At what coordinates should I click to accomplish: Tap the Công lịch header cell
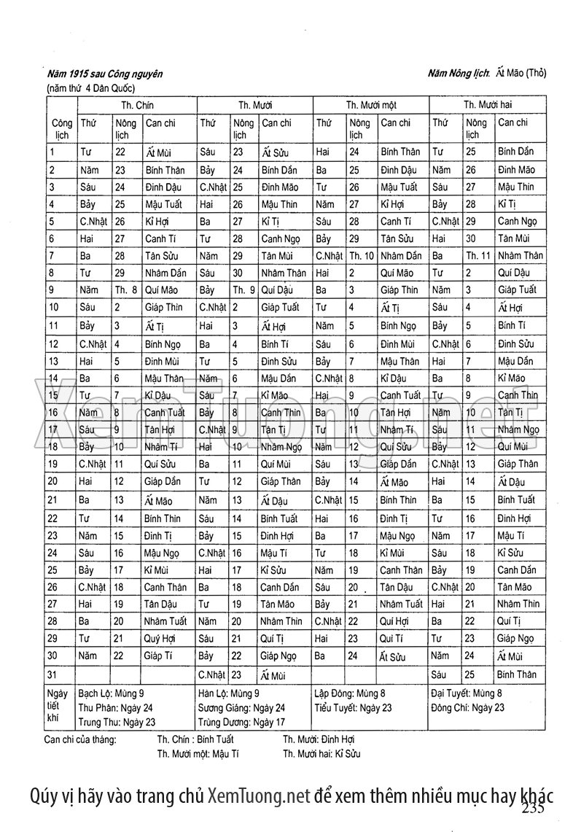point(61,129)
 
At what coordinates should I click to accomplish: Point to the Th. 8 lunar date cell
point(125,290)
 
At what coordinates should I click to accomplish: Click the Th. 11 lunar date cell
point(478,256)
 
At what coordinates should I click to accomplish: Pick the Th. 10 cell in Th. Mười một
point(360,256)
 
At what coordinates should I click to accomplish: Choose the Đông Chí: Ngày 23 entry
point(467,707)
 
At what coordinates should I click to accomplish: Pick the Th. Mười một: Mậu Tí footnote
point(198,754)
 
